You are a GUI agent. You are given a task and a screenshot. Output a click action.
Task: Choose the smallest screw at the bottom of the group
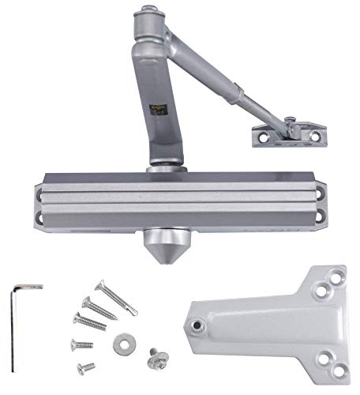(x=86, y=367)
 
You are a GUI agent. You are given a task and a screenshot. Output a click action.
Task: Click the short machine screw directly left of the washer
(x=81, y=344)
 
